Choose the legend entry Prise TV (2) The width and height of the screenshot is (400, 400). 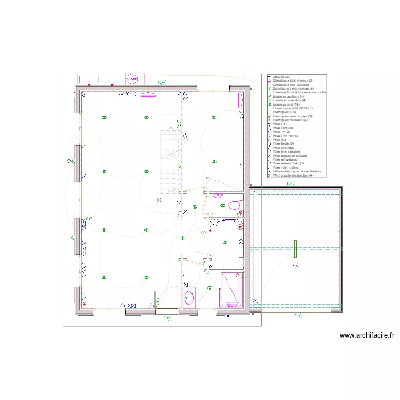pyautogui.click(x=281, y=132)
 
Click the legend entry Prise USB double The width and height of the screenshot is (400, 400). pyautogui.click(x=285, y=135)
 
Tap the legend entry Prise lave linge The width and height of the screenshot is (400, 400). pyautogui.click(x=283, y=147)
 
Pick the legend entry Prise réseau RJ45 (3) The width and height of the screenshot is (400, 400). pyautogui.click(x=288, y=163)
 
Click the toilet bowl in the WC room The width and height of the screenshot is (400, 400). pyautogui.click(x=234, y=205)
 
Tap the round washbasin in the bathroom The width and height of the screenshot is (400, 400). pyautogui.click(x=188, y=298)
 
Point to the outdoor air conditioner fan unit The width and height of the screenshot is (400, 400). pyautogui.click(x=132, y=79)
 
